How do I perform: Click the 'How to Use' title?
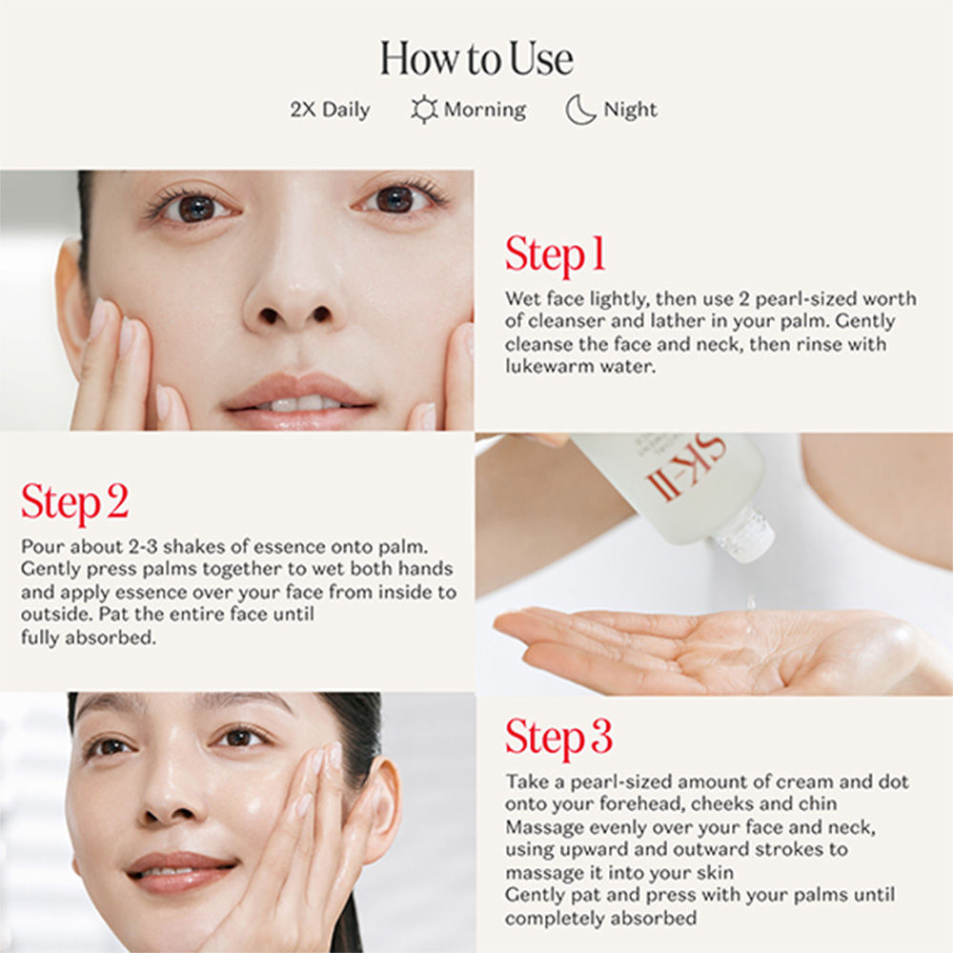[x=476, y=59]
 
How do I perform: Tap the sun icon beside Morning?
[x=424, y=110]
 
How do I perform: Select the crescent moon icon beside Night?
[x=579, y=110]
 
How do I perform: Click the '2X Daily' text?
[x=330, y=110]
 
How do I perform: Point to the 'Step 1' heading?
[x=555, y=254]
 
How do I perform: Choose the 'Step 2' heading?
[x=74, y=502]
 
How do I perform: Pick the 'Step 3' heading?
[x=558, y=738]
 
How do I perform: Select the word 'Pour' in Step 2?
[x=43, y=546]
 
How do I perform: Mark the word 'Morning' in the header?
[x=485, y=110]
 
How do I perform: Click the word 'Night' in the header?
[x=630, y=110]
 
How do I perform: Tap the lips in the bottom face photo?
[x=180, y=873]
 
